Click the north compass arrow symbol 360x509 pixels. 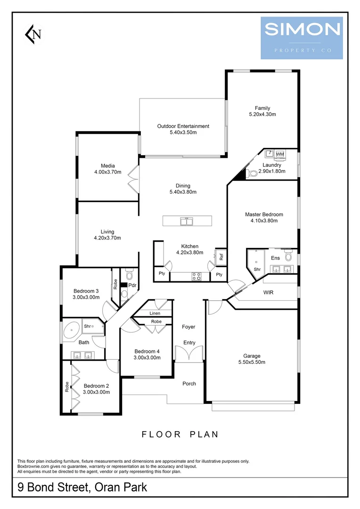pos(33,33)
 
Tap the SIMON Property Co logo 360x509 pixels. pos(302,38)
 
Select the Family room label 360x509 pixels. pos(262,108)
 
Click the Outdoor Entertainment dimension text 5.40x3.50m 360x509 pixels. pos(183,132)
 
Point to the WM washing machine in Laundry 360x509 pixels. pos(280,154)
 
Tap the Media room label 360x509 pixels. pos(107,165)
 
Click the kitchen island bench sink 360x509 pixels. pos(187,220)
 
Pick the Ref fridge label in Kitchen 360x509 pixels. pos(221,257)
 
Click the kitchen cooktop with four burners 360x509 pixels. pos(196,277)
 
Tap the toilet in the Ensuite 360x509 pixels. pos(288,257)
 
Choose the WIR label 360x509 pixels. pos(269,292)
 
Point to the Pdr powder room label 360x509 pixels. pos(132,285)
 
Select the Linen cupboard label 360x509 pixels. pos(155,313)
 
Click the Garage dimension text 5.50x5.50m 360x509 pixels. pos(252,362)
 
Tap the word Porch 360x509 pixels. pos(189,383)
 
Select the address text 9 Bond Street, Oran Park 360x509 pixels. pos(82,486)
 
